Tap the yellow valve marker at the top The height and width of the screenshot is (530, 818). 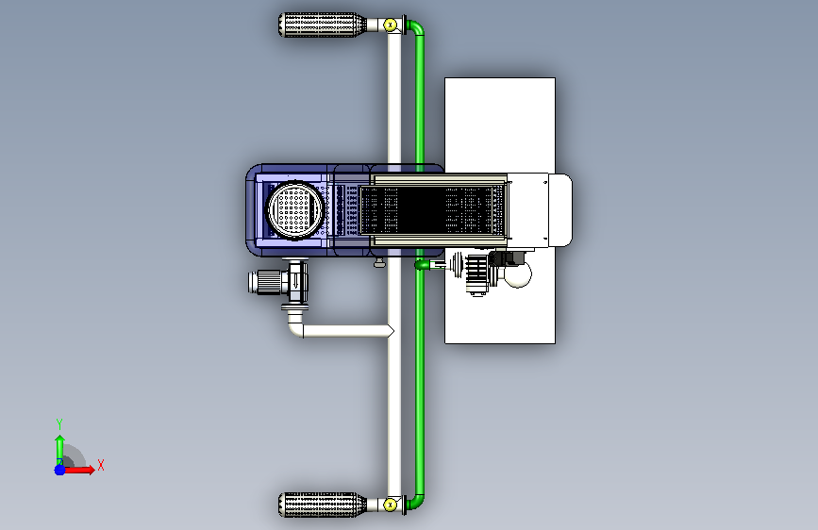click(x=391, y=25)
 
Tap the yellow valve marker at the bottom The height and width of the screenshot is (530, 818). click(x=391, y=505)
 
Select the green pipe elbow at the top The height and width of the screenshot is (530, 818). click(x=417, y=26)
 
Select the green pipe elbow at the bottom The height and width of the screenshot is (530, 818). click(x=417, y=502)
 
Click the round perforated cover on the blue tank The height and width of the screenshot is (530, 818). click(x=294, y=210)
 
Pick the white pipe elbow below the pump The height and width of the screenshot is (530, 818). click(x=294, y=325)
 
